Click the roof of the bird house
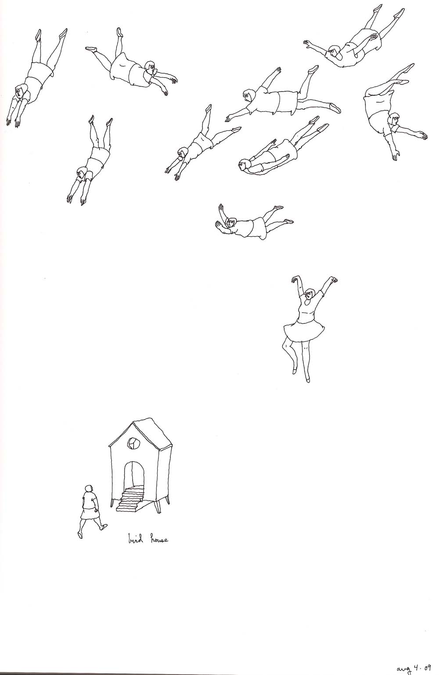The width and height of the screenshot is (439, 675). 145,431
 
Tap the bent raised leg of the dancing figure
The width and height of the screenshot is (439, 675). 289,355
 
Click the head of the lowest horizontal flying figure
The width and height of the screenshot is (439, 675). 231,223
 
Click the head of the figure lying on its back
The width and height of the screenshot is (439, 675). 244,165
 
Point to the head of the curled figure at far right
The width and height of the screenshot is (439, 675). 393,120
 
